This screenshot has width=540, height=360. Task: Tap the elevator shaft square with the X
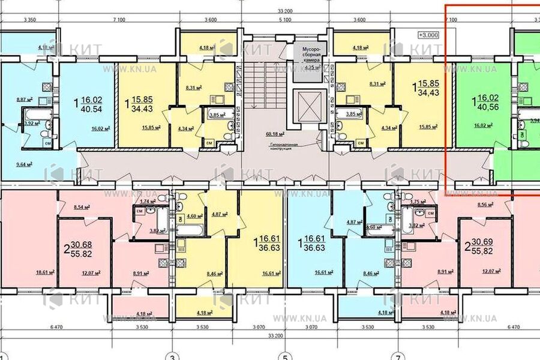[x=310, y=109]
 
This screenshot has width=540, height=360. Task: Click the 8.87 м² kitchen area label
[x=25, y=100]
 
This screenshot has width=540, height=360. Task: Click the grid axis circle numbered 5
[x=284, y=354]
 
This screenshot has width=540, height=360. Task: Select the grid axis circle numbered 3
[x=172, y=354]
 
